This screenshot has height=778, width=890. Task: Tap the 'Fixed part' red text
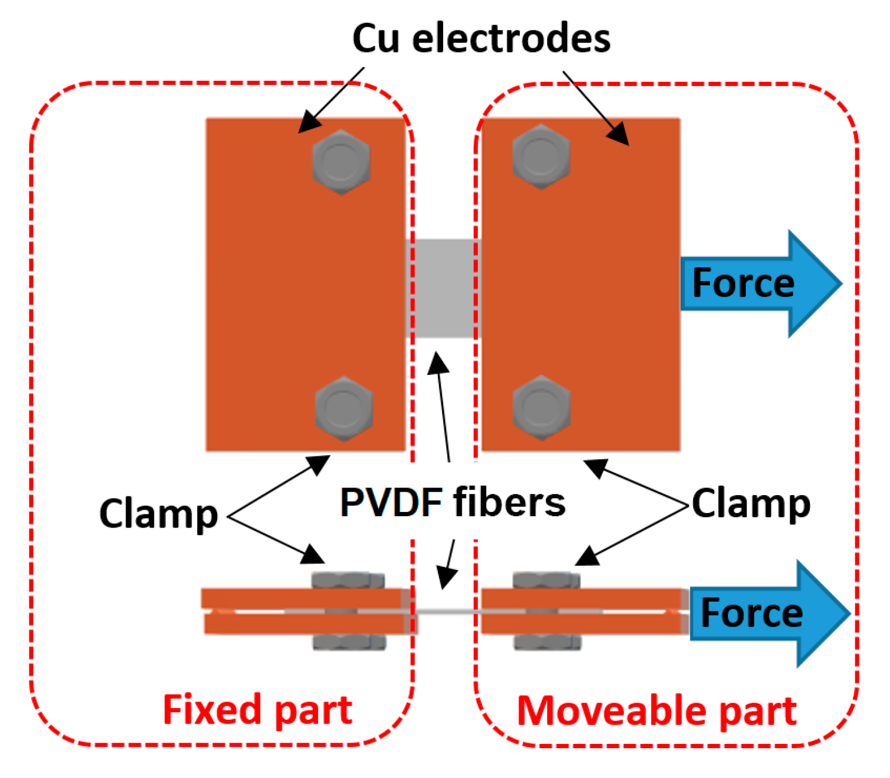pos(257,710)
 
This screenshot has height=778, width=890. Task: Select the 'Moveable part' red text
pos(656,711)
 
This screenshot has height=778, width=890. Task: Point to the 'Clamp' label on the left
pos(159,514)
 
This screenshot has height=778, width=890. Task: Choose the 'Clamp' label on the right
pos(751,504)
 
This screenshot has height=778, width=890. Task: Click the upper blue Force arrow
pos(760,283)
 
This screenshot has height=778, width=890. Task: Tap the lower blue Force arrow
pos(769,614)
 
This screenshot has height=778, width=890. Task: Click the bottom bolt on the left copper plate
pos(344,408)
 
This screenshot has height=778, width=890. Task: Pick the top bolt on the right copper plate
pos(541,157)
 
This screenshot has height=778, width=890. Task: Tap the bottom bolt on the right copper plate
pos(541,408)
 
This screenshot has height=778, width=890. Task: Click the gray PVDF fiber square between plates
pos(443,288)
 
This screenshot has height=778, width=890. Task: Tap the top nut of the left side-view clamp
pos(348,581)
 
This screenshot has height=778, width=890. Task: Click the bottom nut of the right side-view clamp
pos(546,642)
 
